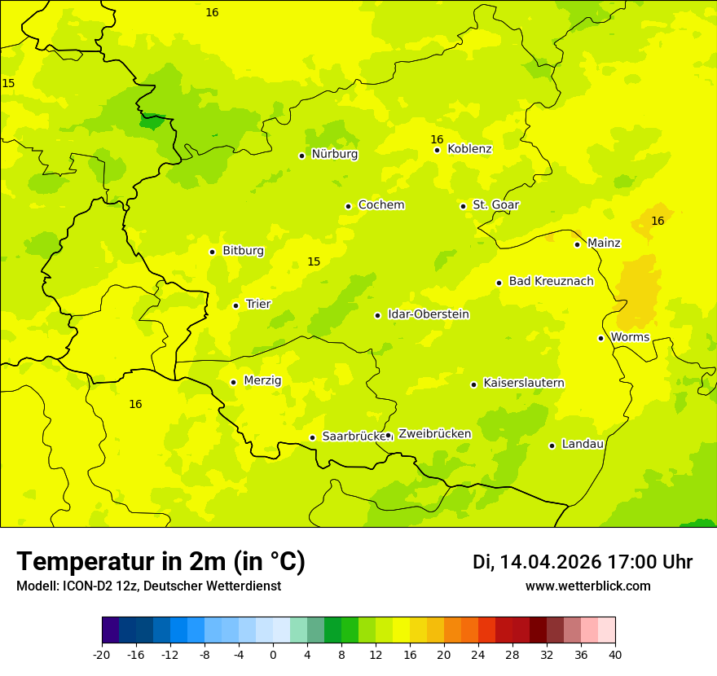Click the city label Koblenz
[x=469, y=149]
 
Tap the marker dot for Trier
[x=236, y=305]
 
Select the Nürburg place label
[x=334, y=154]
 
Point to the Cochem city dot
[x=348, y=206]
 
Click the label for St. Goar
[x=495, y=205]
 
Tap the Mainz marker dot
[x=577, y=244]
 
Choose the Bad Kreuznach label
[x=551, y=282]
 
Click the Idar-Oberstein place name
[x=428, y=314]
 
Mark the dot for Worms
[x=600, y=338]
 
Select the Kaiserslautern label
[x=523, y=384]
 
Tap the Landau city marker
[x=552, y=446]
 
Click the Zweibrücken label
[x=434, y=434]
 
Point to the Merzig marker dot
[x=233, y=382]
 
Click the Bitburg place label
[x=243, y=251]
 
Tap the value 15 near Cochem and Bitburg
[x=314, y=261]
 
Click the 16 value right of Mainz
[x=658, y=222]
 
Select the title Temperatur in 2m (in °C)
[x=161, y=562]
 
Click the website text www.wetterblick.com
[x=587, y=586]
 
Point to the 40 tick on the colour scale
[x=615, y=655]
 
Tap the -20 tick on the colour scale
[x=102, y=655]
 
